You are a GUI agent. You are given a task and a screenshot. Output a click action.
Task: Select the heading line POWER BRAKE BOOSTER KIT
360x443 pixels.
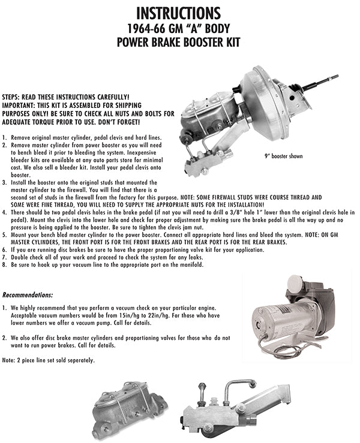pyautogui.click(x=178, y=43)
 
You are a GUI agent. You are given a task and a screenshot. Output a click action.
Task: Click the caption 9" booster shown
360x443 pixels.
pyautogui.click(x=284, y=156)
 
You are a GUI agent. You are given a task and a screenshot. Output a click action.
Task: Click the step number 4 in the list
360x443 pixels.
pyautogui.click(x=4, y=212)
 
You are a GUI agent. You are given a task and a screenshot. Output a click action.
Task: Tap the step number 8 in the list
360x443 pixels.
pyautogui.click(x=4, y=264)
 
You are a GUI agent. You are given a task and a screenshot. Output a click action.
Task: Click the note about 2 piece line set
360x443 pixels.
pyautogui.click(x=49, y=360)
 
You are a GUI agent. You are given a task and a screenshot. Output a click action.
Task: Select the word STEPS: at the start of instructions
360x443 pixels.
pyautogui.click(x=12, y=96)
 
